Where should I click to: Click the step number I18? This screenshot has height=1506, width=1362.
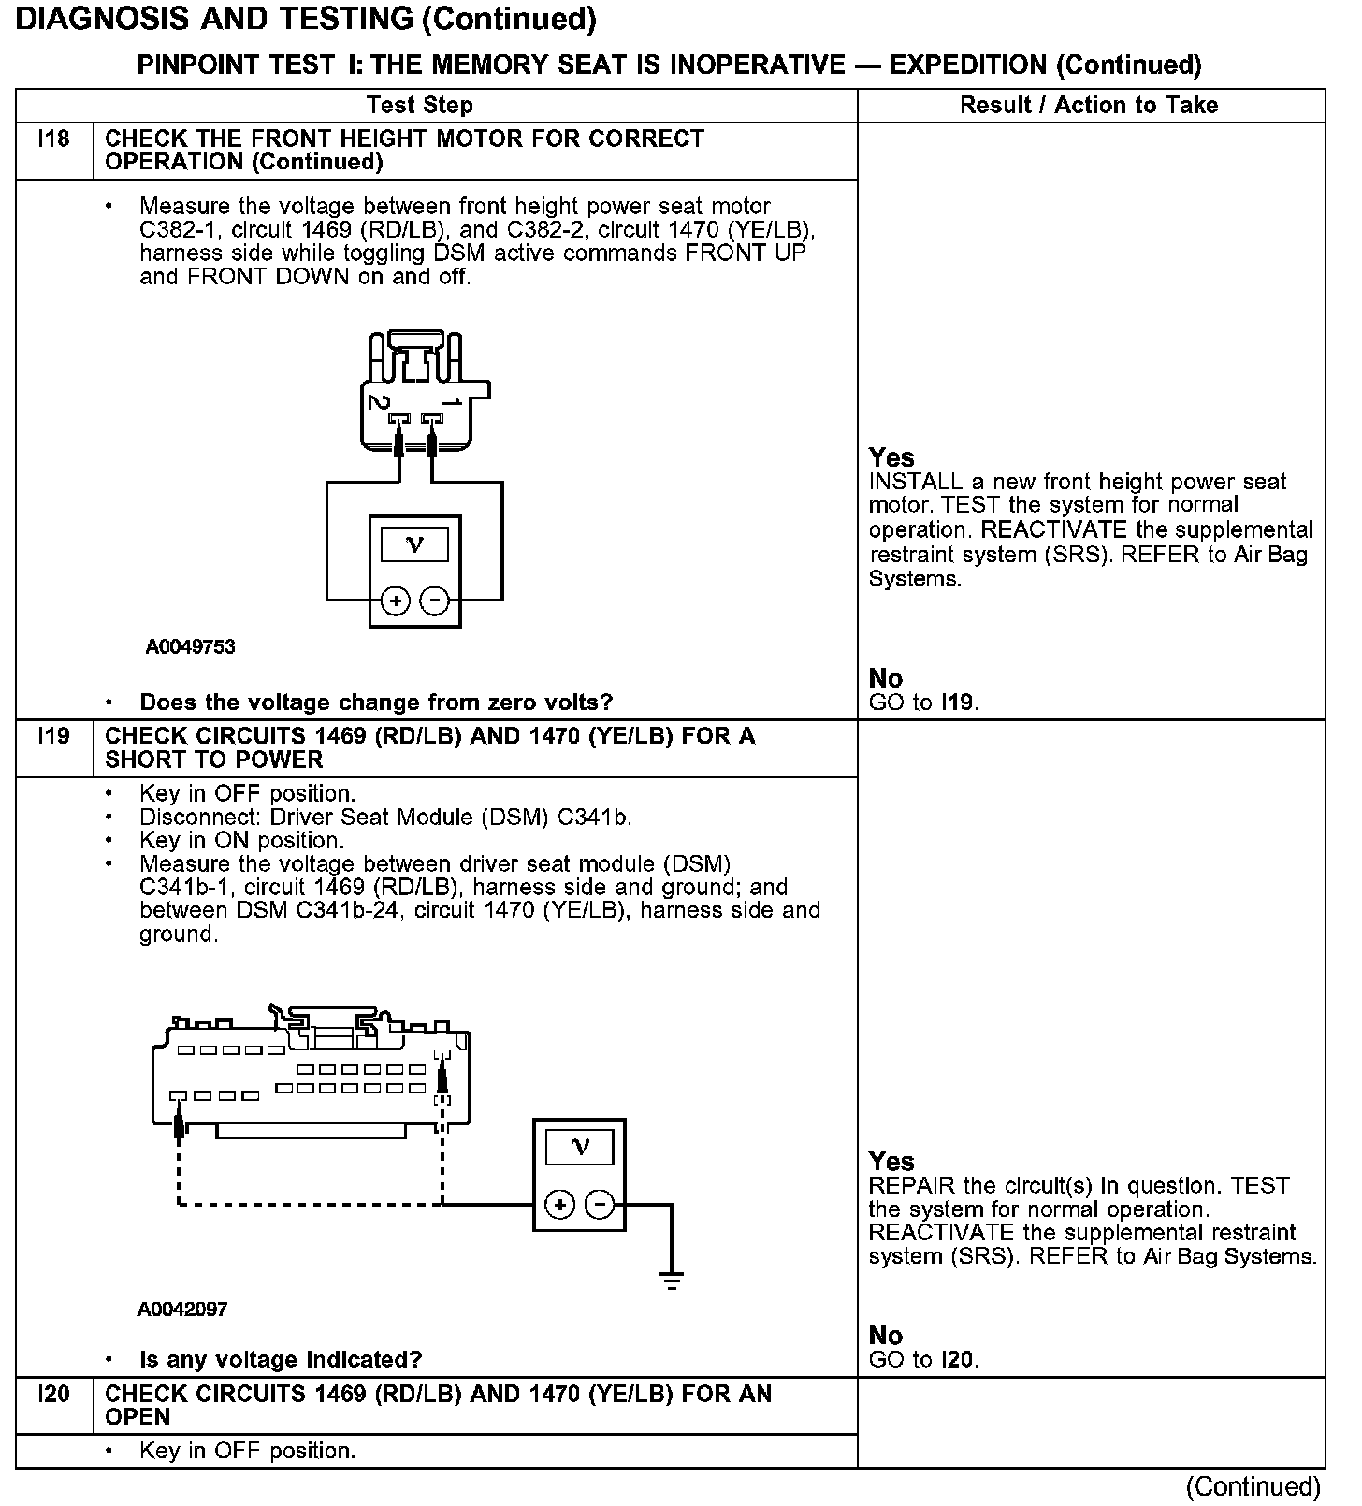click(54, 139)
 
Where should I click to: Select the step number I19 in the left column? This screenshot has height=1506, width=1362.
click(54, 736)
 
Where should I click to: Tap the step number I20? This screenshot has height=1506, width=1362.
click(54, 1395)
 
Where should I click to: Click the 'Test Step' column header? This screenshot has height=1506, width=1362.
click(419, 105)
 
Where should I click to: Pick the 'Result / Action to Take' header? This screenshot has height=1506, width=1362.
click(1089, 105)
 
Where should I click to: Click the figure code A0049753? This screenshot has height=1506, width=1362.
click(190, 647)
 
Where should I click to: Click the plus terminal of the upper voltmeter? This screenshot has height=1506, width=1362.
click(396, 601)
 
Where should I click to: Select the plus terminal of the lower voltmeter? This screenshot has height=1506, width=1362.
click(559, 1205)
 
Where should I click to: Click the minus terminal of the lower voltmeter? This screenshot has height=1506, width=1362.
click(600, 1205)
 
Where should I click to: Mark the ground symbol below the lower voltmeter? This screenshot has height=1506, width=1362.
click(671, 1280)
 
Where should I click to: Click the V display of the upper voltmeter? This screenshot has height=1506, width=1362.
click(415, 544)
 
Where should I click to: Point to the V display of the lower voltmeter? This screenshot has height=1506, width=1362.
click(580, 1148)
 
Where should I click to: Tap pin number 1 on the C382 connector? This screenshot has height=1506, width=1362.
click(452, 403)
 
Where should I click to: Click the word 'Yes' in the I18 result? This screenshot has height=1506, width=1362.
click(891, 457)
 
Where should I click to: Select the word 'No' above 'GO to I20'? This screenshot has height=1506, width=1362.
click(886, 1335)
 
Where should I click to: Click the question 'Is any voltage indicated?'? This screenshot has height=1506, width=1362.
click(281, 1359)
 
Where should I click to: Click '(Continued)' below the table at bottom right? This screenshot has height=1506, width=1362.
click(1253, 1486)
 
